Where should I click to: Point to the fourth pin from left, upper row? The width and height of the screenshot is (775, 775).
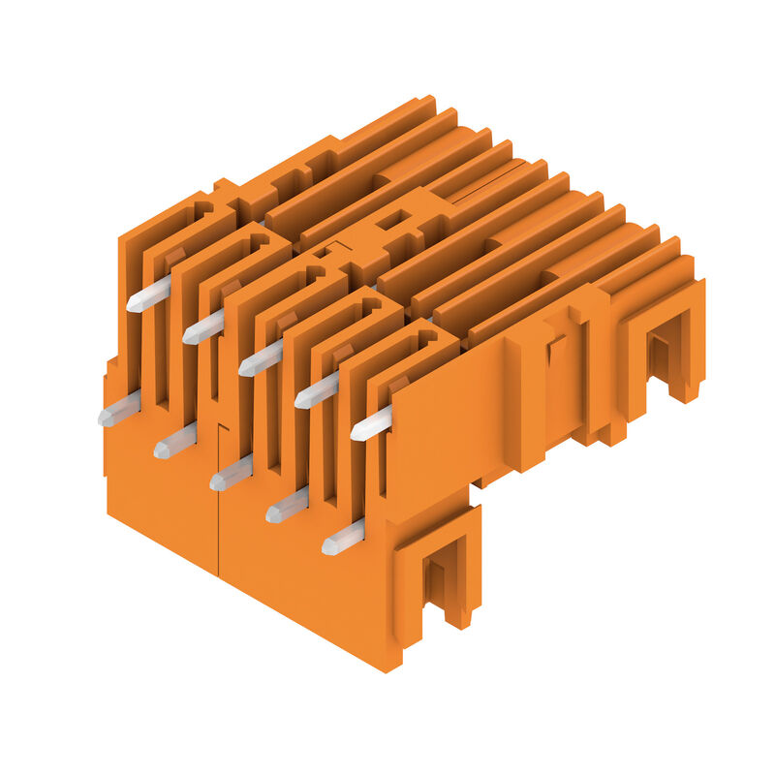pos(318,390)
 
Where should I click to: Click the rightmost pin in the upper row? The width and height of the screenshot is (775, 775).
pos(373,423)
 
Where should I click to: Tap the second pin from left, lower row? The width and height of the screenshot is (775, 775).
pos(175,442)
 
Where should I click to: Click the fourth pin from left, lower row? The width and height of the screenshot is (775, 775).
pos(288,504)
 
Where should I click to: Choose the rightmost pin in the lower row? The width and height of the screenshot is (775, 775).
pos(344,537)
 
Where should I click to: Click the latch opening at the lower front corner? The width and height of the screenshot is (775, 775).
pos(443,572)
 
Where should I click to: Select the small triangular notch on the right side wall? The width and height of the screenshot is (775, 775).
pos(555,348)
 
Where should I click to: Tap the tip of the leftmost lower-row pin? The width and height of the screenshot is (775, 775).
pos(102,418)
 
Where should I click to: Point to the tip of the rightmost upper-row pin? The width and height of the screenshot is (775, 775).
pos(355,433)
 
